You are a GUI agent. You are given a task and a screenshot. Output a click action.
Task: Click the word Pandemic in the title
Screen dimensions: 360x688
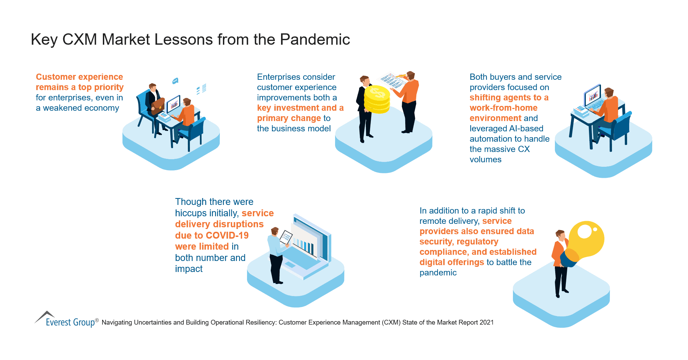click(315, 40)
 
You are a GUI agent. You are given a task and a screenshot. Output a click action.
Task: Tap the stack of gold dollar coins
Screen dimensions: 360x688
click(377, 100)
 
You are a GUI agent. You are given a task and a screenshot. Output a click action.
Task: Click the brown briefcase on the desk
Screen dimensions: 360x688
click(158, 106)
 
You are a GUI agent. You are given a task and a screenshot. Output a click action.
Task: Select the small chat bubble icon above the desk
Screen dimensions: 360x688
click(175, 81)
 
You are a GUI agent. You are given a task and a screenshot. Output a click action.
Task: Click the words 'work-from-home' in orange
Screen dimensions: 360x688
click(503, 108)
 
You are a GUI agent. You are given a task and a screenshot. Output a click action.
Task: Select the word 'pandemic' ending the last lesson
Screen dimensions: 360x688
click(438, 273)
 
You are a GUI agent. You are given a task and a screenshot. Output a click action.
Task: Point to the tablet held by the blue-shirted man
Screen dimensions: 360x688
click(286, 237)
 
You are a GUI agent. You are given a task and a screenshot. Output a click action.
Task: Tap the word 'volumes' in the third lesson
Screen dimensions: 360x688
click(485, 160)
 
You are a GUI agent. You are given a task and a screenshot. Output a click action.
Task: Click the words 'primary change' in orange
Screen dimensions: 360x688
click(289, 118)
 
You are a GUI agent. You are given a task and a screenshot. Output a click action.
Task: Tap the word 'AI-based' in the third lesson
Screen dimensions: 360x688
click(526, 129)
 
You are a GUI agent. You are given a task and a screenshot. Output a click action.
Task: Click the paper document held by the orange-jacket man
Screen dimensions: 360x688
click(392, 81)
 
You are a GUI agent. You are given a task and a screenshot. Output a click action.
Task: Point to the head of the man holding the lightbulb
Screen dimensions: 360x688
click(560, 235)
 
